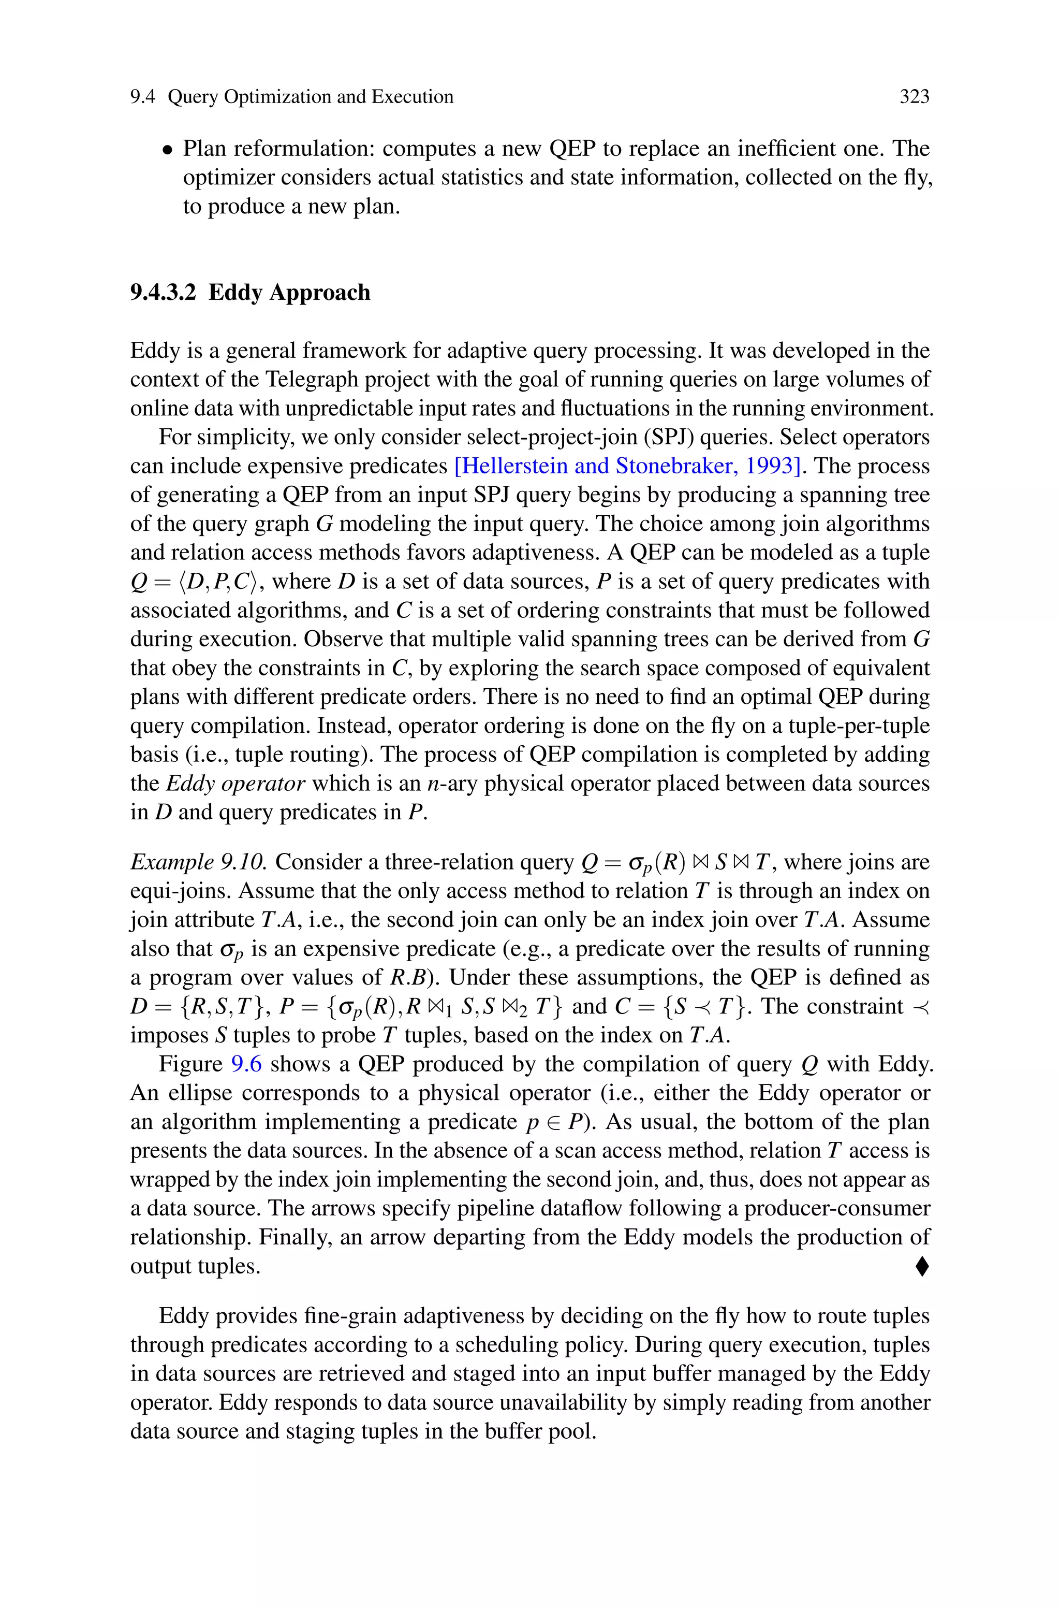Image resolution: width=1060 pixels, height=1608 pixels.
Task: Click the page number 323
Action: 914,97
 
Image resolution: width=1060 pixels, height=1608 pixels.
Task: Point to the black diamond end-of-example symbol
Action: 921,1266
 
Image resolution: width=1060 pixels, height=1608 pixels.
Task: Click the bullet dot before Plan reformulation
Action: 167,150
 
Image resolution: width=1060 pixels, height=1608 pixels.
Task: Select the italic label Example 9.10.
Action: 199,862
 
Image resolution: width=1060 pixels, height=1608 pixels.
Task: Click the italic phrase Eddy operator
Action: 236,784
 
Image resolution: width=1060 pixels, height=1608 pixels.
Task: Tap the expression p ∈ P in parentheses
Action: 557,1122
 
